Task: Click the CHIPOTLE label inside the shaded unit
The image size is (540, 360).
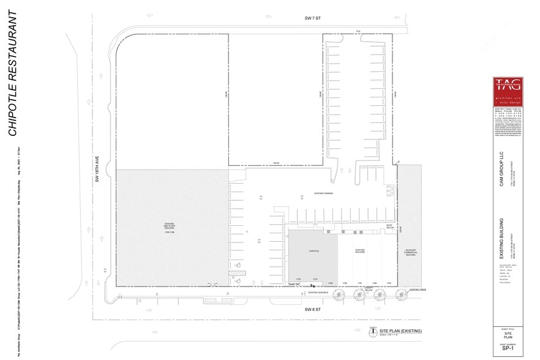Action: (x=313, y=250)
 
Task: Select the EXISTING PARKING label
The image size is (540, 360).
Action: (x=324, y=193)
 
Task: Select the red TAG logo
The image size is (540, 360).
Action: (x=508, y=92)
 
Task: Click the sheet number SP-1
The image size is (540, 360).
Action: (x=508, y=350)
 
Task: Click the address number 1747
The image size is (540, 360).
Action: (x=389, y=283)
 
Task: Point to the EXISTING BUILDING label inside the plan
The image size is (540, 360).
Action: (x=360, y=250)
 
